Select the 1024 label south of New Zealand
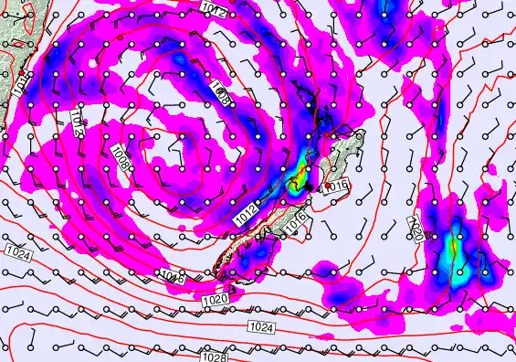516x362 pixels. coord(259,326)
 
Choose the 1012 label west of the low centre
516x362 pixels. coord(77,122)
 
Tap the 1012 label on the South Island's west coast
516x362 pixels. coord(243,213)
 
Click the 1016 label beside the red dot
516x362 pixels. coord(339,186)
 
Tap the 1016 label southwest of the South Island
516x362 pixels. coord(173,274)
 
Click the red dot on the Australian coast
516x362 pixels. coord(22,70)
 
